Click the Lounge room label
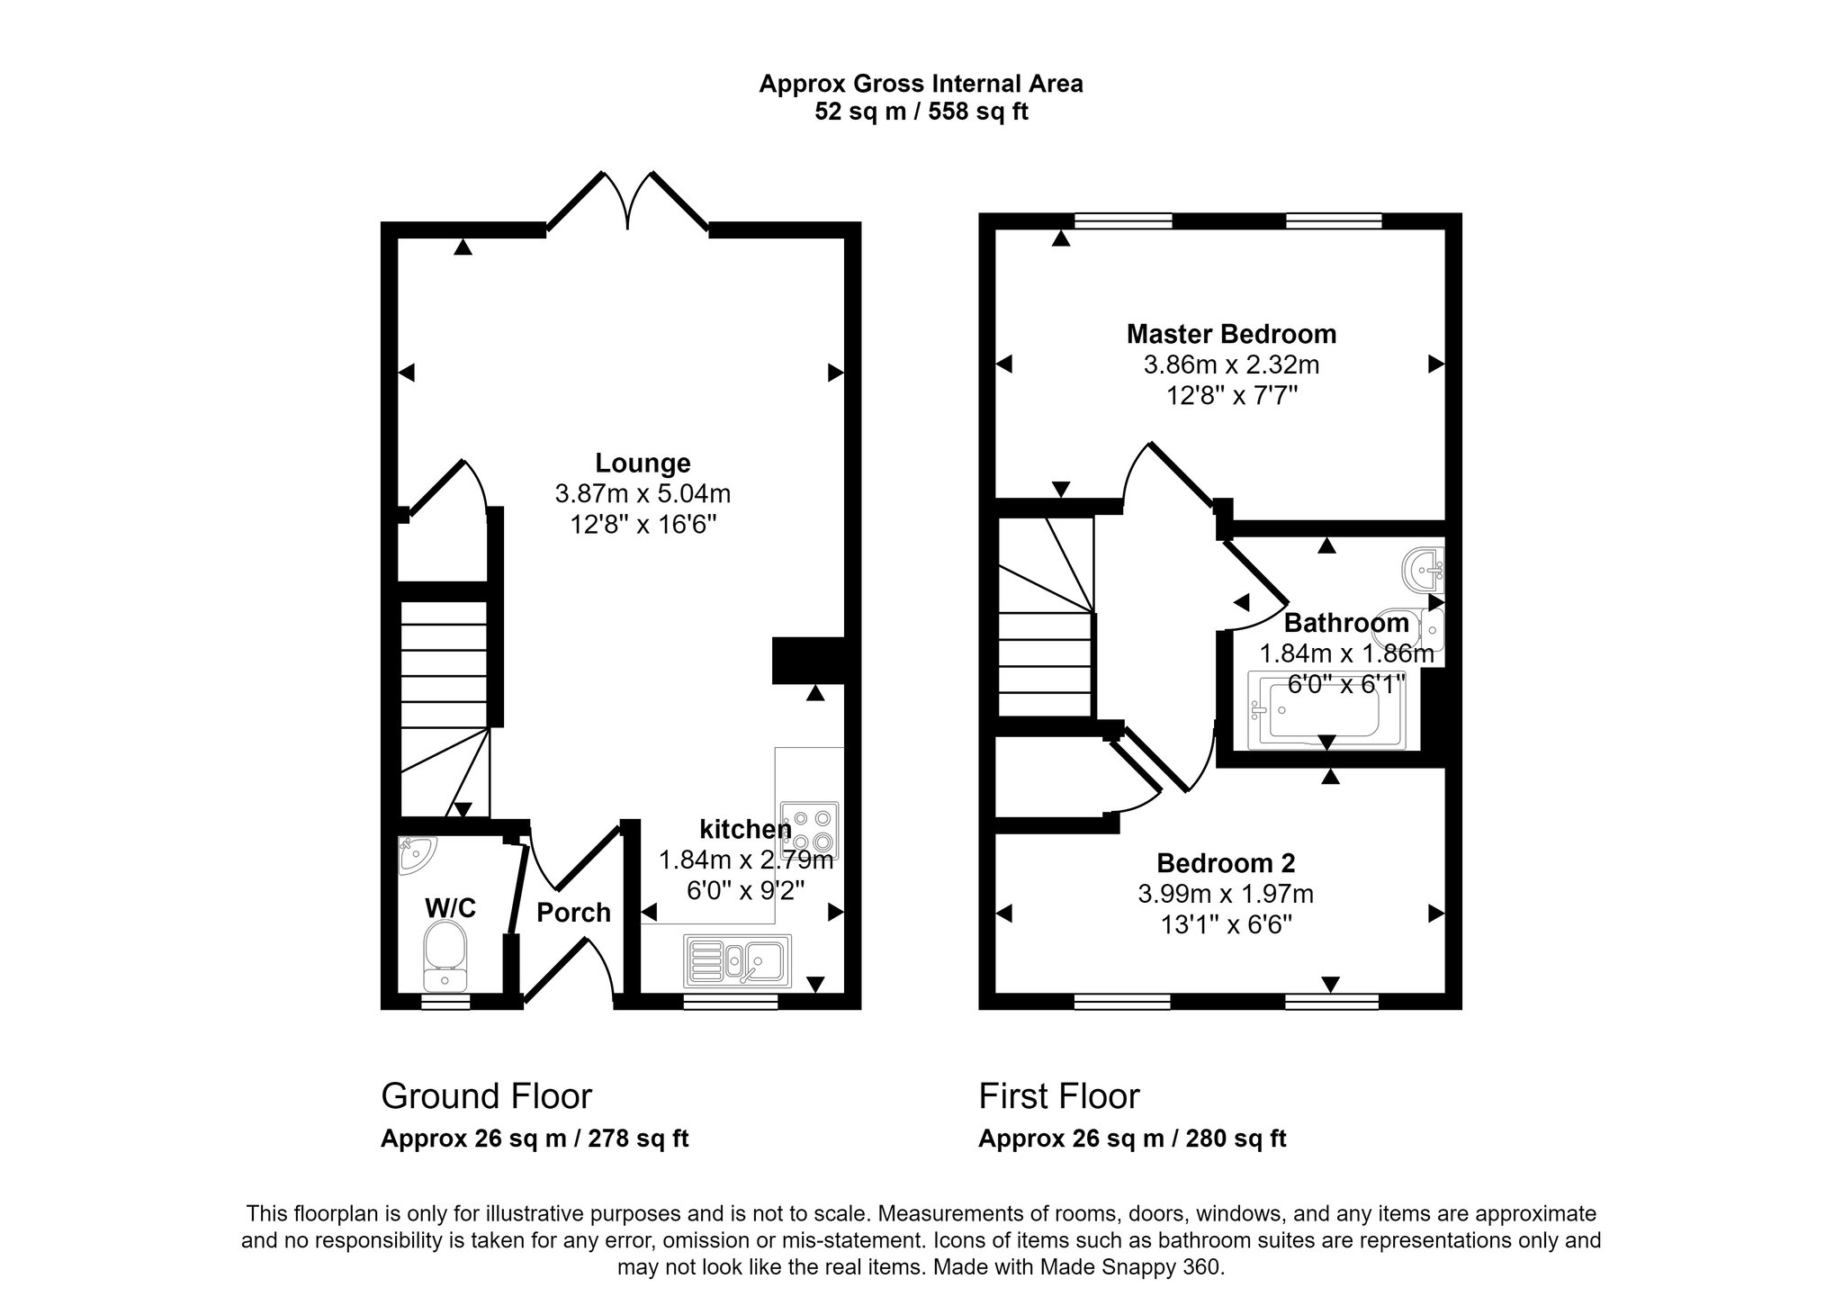pos(643,463)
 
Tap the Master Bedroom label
pos(1231,334)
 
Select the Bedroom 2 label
pos(1226,863)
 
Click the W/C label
pos(450,908)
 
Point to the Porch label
pos(573,913)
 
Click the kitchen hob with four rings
pos(810,830)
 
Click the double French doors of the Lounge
pos(627,203)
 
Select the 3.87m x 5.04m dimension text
pos(643,493)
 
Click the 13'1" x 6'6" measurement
pos(1226,924)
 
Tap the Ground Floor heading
pos(486,1096)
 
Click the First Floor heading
pos(1059,1096)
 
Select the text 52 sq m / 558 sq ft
pos(921,112)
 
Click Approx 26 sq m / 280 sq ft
pos(1132,1139)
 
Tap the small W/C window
pos(445,1001)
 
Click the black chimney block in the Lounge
pos(808,661)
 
